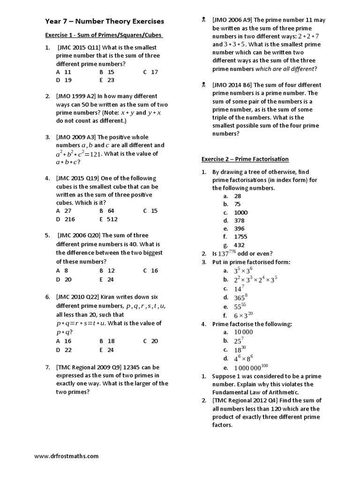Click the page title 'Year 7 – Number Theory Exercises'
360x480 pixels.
(105, 21)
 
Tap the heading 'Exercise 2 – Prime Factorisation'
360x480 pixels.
(245, 159)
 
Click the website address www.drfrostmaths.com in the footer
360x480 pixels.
(66, 456)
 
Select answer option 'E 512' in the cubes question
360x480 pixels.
(108, 219)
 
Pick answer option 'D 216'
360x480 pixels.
(64, 219)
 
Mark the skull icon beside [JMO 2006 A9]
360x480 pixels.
(204, 20)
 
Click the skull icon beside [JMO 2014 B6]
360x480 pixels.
(204, 85)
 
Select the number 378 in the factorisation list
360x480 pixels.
(239, 220)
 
